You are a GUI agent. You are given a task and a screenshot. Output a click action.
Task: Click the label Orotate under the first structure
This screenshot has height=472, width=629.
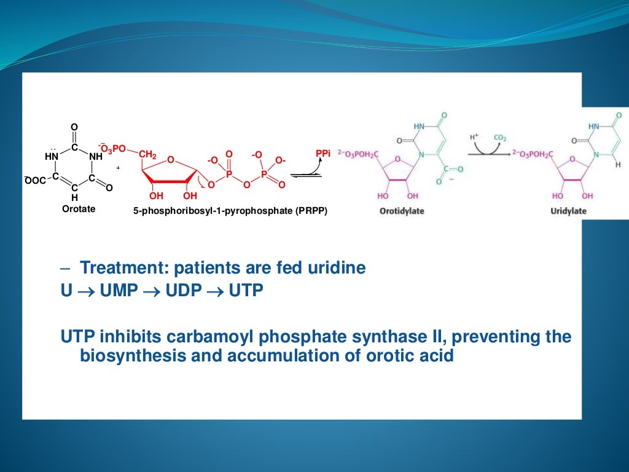click(79, 209)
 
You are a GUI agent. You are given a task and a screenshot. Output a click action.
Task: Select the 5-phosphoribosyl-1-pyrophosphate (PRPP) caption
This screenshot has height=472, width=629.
click(230, 211)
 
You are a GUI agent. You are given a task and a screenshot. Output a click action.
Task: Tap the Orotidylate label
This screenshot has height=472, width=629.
click(402, 211)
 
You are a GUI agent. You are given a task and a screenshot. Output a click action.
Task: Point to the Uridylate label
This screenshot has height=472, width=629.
click(568, 211)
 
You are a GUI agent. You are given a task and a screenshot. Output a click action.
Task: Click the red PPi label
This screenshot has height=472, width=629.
click(322, 153)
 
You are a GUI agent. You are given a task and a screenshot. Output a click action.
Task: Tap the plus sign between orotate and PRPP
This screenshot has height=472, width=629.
click(117, 167)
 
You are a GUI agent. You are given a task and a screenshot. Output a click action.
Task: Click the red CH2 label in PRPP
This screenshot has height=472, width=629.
click(148, 155)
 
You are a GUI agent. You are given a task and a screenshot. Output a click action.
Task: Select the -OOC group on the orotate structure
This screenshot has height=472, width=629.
click(36, 179)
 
